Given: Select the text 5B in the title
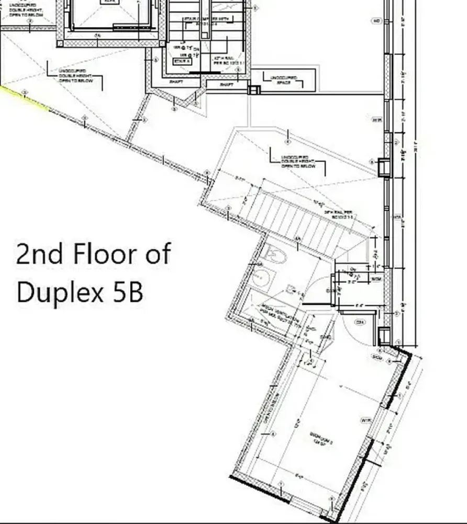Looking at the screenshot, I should pos(128,292).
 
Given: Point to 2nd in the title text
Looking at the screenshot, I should pos(40,254).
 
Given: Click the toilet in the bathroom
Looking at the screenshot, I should pos(273,255).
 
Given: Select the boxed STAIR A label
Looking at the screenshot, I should pos(183,61).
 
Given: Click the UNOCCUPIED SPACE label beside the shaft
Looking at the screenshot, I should pos(284,80).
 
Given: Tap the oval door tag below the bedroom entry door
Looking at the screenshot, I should pos(360,322).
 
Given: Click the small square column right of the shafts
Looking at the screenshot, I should pos(254,90).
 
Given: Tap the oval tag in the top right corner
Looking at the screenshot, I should pos(376,21).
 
